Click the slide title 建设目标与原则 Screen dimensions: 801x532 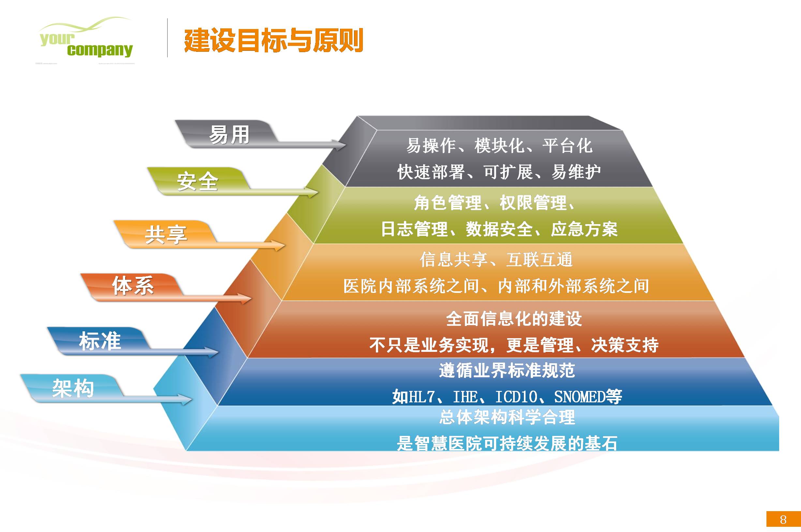click(x=273, y=40)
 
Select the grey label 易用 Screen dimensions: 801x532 click(x=230, y=135)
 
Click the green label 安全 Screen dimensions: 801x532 click(x=197, y=181)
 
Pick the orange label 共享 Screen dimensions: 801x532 click(x=166, y=235)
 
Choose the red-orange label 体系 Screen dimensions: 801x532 click(x=133, y=285)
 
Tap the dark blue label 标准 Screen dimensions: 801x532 click(x=100, y=341)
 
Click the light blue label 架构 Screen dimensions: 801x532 click(x=73, y=388)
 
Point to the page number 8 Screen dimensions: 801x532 click(x=783, y=519)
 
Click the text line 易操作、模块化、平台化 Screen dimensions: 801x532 click(x=499, y=146)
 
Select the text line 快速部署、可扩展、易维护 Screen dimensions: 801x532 click(x=499, y=172)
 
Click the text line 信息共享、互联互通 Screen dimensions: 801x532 click(x=497, y=260)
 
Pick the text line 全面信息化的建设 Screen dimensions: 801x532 click(x=514, y=319)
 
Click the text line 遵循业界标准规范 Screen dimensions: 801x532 click(x=507, y=370)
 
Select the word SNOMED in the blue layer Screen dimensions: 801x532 click(x=579, y=396)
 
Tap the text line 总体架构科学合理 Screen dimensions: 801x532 click(x=507, y=417)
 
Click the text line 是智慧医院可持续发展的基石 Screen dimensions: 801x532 click(x=507, y=443)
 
